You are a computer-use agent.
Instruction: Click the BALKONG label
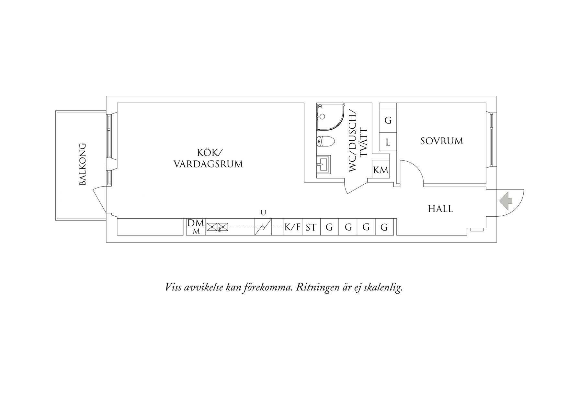coord(83,164)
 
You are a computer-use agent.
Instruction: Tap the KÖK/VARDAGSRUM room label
coord(208,158)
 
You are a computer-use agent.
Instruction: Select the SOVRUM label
coord(442,141)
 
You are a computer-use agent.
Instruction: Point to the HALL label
coord(440,209)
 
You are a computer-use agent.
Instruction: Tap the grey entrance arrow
coord(506,201)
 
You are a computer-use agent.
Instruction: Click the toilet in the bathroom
coord(325,142)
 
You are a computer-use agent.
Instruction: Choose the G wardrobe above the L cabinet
coord(388,121)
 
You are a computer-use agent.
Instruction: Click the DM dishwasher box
coord(196,227)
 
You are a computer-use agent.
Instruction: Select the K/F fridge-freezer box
coord(293,227)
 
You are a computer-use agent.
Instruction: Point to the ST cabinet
coord(311,227)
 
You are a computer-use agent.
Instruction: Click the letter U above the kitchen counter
coord(263,213)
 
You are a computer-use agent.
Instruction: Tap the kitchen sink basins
coord(217,227)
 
